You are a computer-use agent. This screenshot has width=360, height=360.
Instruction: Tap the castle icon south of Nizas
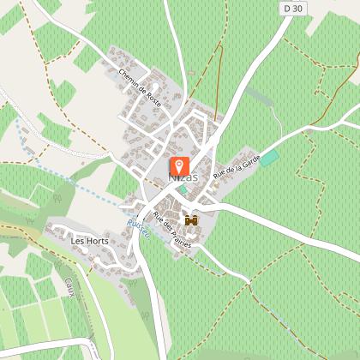(191, 220)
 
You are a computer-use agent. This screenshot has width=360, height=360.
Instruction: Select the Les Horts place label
(83, 241)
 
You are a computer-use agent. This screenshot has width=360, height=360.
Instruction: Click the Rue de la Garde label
(236, 163)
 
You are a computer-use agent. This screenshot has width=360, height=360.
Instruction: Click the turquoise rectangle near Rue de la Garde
(269, 158)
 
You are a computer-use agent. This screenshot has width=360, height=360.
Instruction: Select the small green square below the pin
(183, 189)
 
